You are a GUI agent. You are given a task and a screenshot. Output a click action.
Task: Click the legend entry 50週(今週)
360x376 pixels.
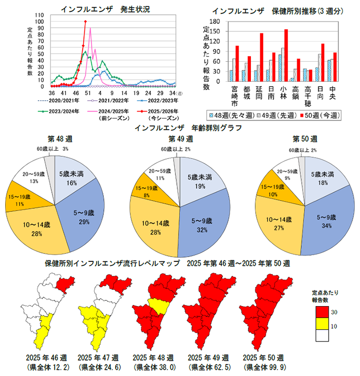click(x=319, y=116)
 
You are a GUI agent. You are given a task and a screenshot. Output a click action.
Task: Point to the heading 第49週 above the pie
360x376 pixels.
click(x=181, y=139)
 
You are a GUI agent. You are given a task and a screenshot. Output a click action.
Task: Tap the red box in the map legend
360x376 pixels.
click(x=322, y=311)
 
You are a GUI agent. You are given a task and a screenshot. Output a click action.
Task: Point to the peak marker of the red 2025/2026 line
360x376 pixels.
click(x=85, y=21)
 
